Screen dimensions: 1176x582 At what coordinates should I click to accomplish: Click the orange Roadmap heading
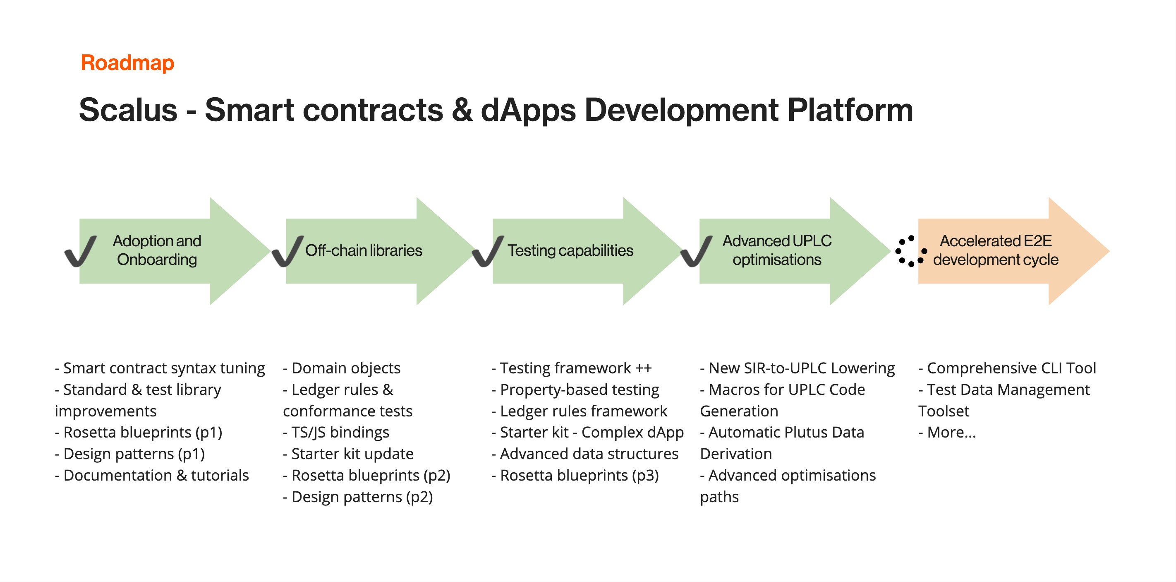(x=127, y=63)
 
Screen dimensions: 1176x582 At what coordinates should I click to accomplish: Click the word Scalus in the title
(x=128, y=110)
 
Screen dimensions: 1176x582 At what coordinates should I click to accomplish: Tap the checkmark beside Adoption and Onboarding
(x=80, y=251)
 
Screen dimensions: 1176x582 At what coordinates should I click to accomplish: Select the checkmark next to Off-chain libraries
(x=287, y=251)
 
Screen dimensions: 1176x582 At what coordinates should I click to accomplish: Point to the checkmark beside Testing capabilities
(x=488, y=251)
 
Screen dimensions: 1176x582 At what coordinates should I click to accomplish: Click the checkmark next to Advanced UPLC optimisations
(x=696, y=251)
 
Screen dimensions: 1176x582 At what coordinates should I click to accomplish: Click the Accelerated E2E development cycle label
(x=996, y=250)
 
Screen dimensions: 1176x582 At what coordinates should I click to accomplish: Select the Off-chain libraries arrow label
(x=364, y=250)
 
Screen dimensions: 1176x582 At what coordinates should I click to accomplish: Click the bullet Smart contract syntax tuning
(x=160, y=368)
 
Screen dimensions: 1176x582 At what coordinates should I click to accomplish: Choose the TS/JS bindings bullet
(x=336, y=432)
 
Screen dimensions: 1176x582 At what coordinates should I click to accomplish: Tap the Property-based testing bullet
(x=575, y=390)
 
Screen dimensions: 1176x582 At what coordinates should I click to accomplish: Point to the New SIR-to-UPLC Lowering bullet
(x=798, y=368)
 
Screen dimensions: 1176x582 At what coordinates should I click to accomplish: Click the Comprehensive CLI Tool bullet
(x=1007, y=368)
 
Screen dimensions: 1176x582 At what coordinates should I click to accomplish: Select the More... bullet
(x=947, y=432)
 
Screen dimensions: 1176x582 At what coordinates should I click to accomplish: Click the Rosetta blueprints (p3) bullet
(x=575, y=475)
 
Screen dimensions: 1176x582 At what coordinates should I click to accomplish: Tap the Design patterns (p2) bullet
(x=358, y=497)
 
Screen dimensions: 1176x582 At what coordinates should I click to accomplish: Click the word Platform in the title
(x=850, y=110)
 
